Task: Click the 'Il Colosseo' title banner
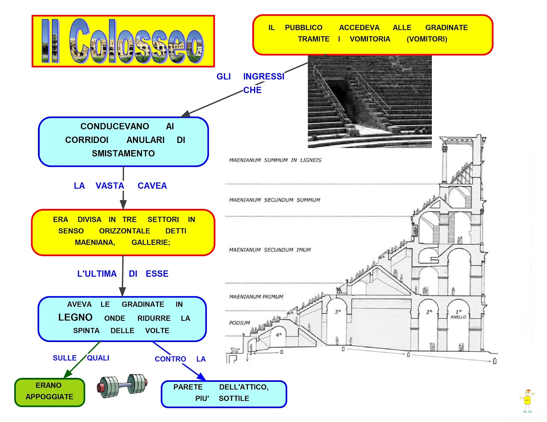(123, 41)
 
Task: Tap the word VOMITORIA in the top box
(370, 39)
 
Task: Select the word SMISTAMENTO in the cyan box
(123, 154)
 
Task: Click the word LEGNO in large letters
(75, 317)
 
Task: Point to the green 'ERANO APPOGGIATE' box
(50, 392)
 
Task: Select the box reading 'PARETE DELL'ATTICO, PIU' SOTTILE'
(224, 394)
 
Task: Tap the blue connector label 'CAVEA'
(152, 186)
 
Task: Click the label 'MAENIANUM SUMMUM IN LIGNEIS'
(275, 160)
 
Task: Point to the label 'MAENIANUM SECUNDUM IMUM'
(270, 250)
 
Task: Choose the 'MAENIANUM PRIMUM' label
(256, 297)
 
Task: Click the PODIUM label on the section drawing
(239, 323)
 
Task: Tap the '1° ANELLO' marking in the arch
(458, 314)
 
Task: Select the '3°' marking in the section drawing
(338, 312)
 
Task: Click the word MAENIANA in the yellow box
(95, 242)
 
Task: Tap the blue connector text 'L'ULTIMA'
(97, 274)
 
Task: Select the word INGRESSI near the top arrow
(264, 77)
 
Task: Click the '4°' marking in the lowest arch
(279, 335)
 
